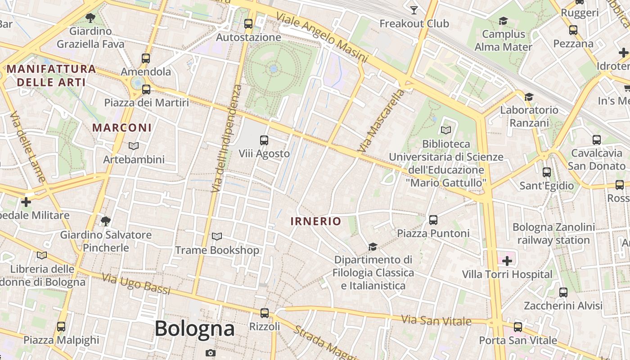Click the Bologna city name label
(x=194, y=328)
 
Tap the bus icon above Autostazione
(x=248, y=24)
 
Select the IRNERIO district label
(x=316, y=221)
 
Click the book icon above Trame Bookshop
(x=217, y=236)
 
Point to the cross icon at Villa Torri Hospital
(x=507, y=261)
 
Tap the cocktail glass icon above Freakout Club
(x=414, y=10)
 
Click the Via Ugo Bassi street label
(x=136, y=284)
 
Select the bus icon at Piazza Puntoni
(x=433, y=220)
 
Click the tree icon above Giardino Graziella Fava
(x=90, y=18)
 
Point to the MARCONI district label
(x=122, y=128)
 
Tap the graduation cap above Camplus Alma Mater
(x=503, y=21)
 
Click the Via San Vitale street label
(x=436, y=321)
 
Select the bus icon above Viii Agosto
(x=264, y=140)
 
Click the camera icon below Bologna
(x=210, y=353)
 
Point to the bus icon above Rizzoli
(x=265, y=313)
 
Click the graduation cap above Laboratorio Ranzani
(x=529, y=97)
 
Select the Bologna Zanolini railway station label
(x=553, y=234)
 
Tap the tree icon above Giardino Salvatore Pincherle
(x=106, y=221)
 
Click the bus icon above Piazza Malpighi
(x=61, y=327)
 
